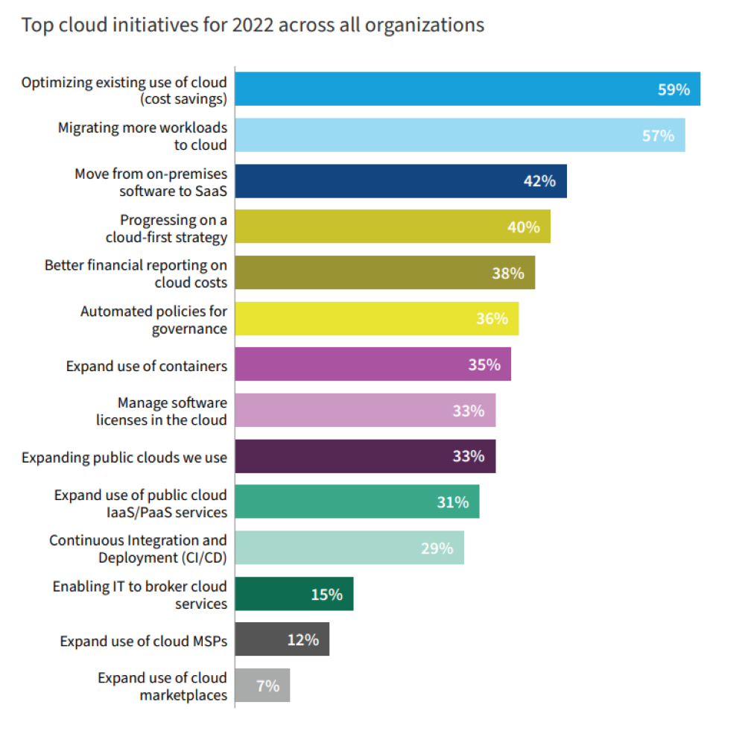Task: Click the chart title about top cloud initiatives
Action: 253,25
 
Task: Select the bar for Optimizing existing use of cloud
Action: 447,89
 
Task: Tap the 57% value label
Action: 658,136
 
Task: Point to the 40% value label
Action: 523,227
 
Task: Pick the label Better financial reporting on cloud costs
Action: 136,273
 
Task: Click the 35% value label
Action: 484,365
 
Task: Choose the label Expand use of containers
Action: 146,366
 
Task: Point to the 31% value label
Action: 453,502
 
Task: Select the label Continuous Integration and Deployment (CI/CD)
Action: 138,548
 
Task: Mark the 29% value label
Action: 437,548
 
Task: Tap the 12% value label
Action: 302,640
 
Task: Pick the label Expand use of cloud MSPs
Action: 143,641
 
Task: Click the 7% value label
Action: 267,686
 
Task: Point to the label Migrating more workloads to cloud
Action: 142,136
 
